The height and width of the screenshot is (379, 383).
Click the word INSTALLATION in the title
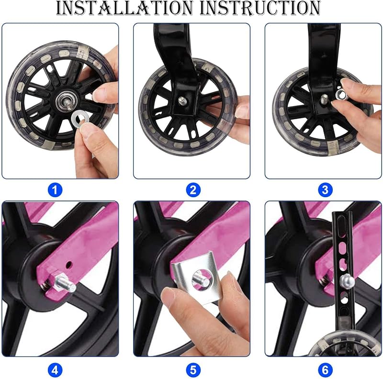point(124,8)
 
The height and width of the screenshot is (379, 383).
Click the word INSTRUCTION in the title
point(260,8)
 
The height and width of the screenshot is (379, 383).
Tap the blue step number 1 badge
point(55,190)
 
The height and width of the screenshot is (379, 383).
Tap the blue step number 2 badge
point(193,190)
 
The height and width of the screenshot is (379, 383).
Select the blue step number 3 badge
point(325,190)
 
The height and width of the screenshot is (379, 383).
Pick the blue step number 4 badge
point(55,370)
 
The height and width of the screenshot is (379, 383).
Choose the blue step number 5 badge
point(193,370)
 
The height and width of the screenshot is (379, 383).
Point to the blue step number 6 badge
point(325,370)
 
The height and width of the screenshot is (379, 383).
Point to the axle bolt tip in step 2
point(181,100)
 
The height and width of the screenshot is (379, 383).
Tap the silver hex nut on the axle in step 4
point(56,281)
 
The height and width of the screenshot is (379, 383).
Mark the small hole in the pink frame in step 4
point(69,264)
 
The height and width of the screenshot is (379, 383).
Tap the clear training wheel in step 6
point(344,345)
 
